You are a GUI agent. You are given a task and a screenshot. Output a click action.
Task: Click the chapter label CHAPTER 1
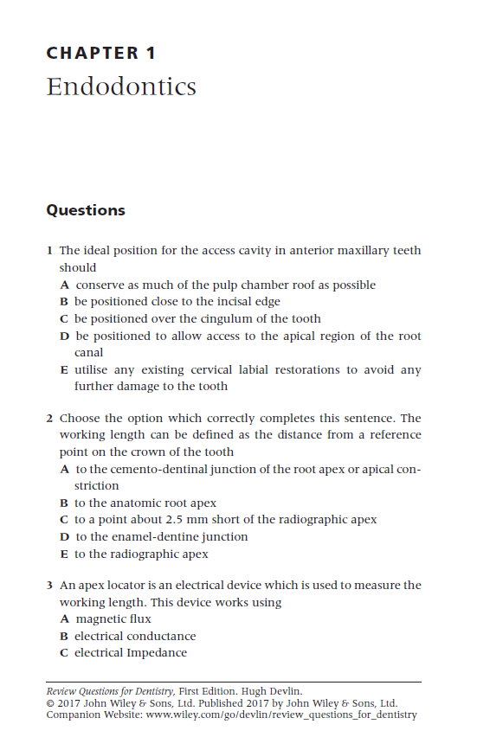(x=101, y=54)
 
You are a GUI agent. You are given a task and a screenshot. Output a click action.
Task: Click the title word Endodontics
(x=121, y=87)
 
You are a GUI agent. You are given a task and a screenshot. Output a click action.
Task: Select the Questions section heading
(x=85, y=210)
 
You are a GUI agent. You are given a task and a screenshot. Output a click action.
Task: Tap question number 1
(x=49, y=251)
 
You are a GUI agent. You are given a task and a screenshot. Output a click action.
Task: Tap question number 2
(x=49, y=419)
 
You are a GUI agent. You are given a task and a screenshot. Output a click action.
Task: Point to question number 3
(x=49, y=586)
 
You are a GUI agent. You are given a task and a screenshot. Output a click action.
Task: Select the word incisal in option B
(x=213, y=302)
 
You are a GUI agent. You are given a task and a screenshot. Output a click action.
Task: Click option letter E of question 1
(x=65, y=369)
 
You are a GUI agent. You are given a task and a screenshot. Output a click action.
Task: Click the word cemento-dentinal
(x=151, y=469)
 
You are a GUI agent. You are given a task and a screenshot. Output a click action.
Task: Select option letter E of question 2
(x=65, y=554)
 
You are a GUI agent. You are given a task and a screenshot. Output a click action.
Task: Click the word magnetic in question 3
(x=100, y=618)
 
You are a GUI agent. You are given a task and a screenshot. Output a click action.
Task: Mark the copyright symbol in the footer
(x=49, y=703)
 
